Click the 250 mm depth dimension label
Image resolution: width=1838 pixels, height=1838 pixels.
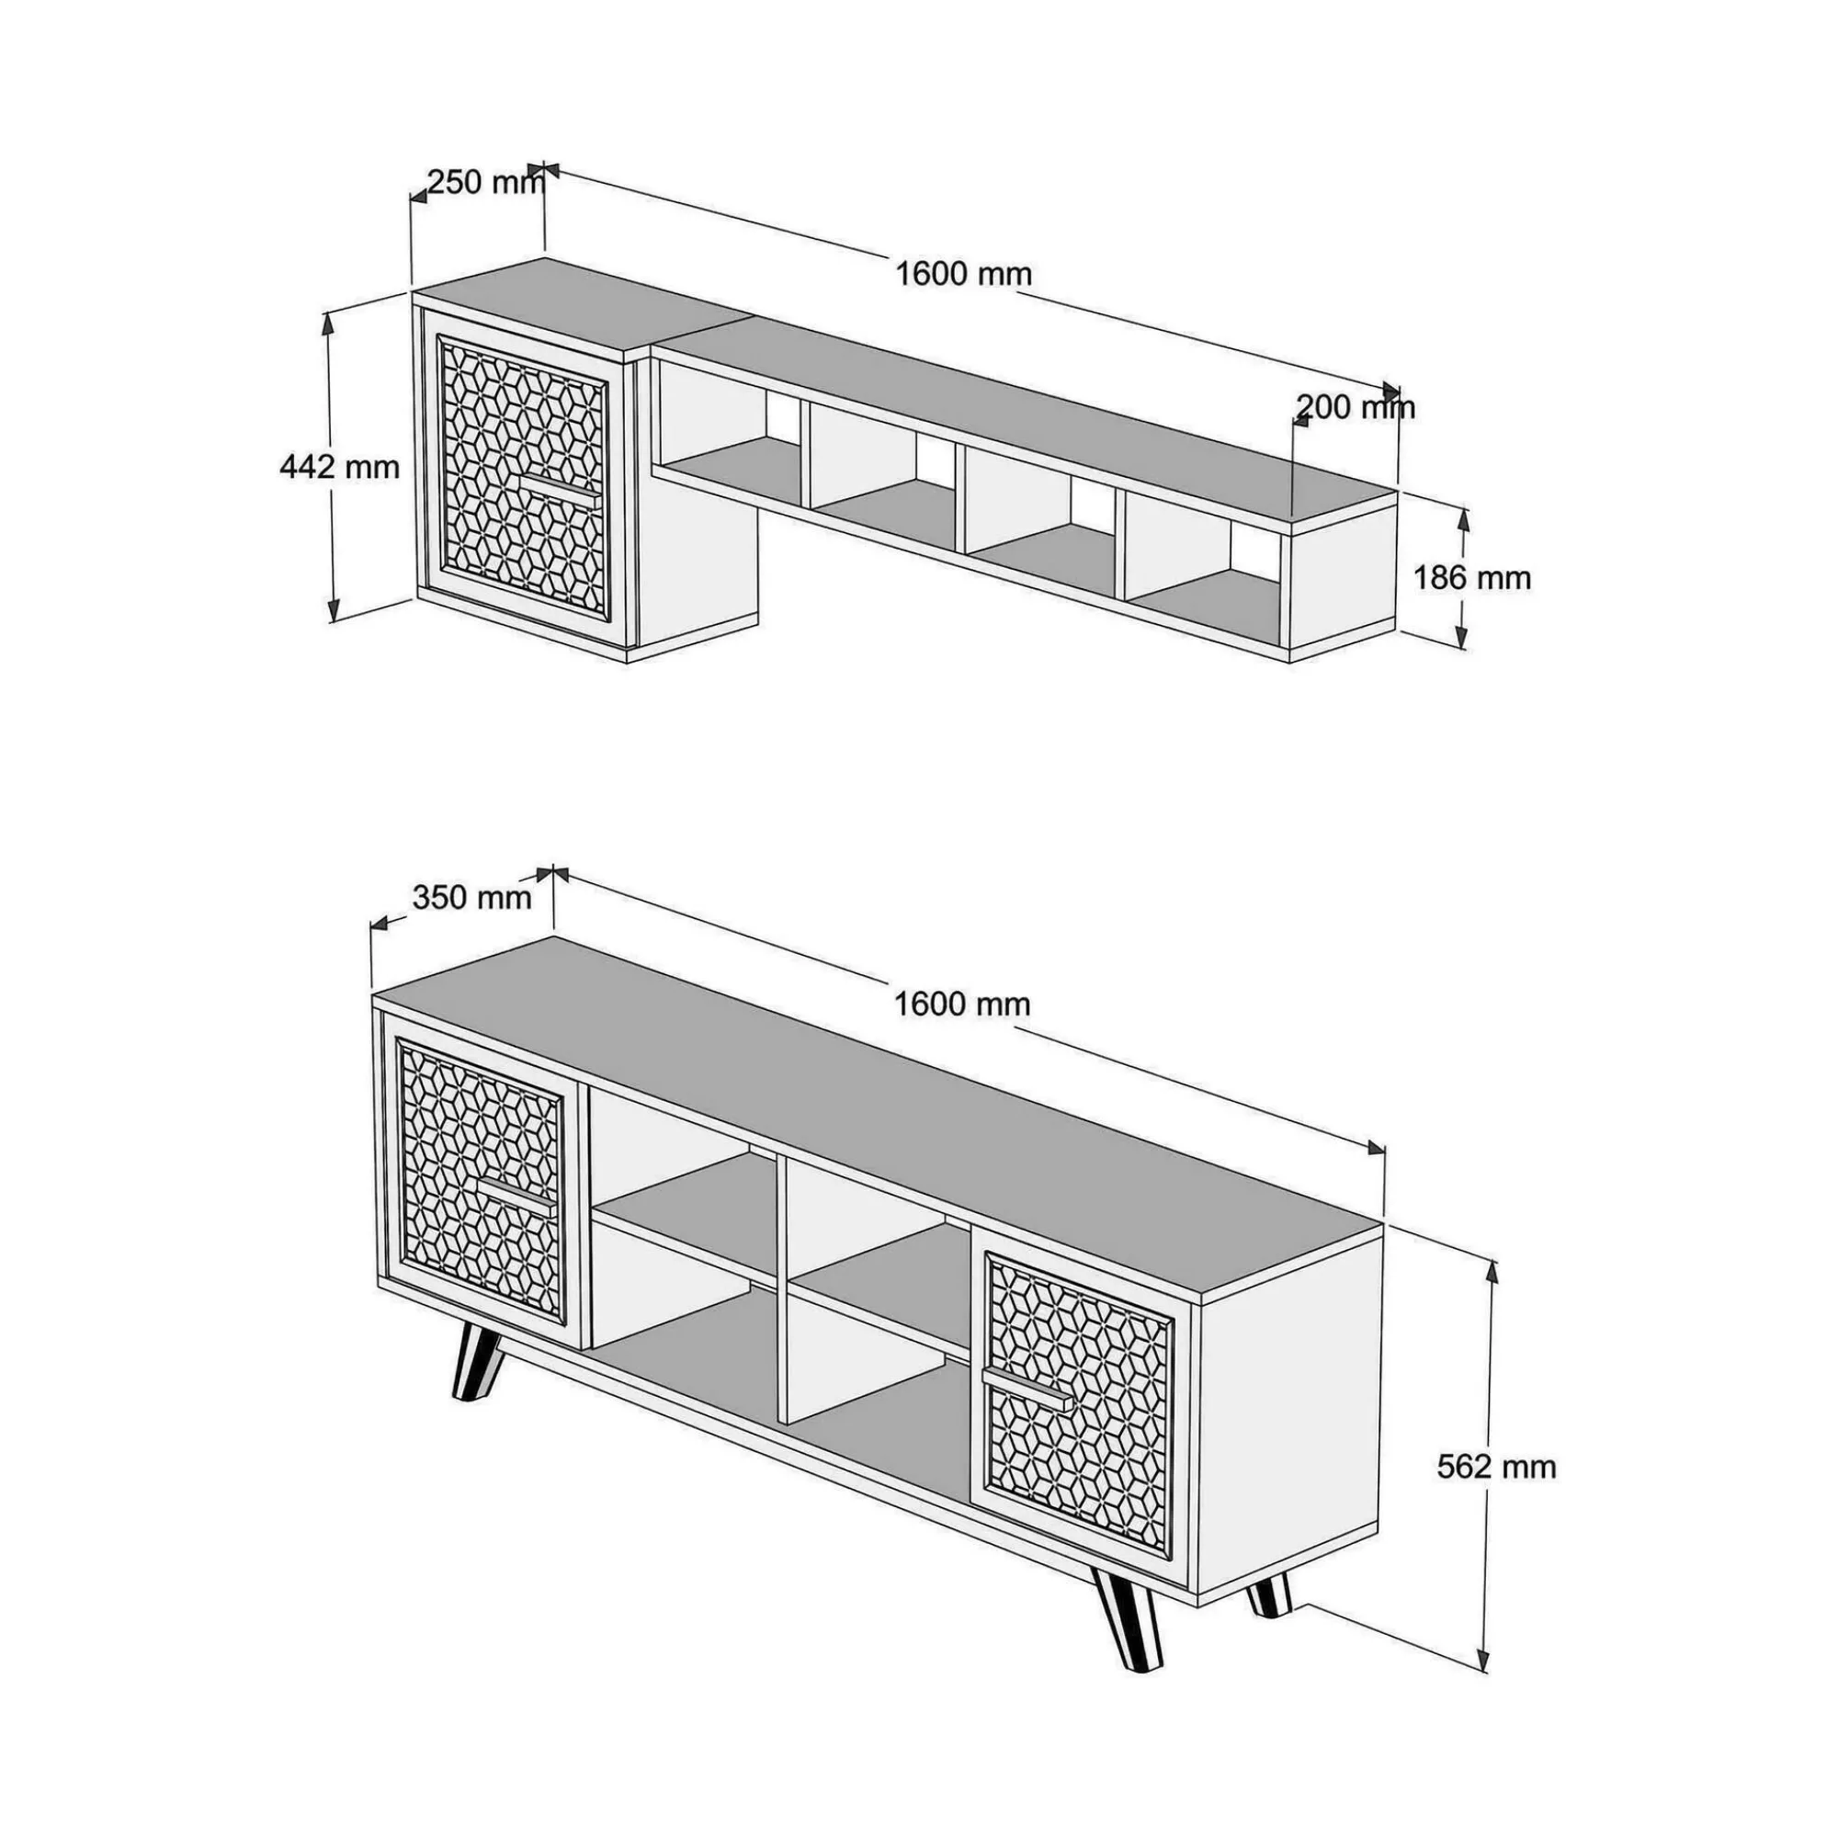coord(486,182)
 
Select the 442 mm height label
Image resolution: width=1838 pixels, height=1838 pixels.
coord(340,467)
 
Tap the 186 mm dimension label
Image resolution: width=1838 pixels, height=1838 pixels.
coord(1470,577)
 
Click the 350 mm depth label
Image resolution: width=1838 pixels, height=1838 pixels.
coord(471,896)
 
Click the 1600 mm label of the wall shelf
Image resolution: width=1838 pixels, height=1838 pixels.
coord(964,274)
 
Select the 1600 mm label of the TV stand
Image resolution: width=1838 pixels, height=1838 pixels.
coord(963,1004)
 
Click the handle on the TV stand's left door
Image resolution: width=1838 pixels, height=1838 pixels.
coord(515,1197)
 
